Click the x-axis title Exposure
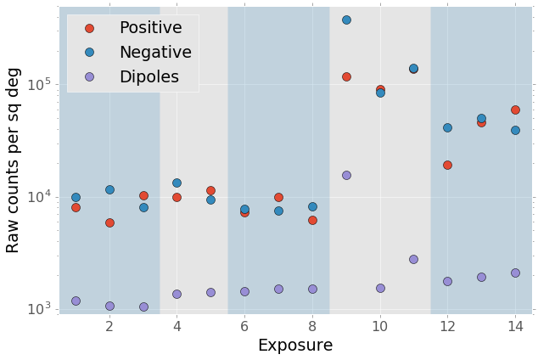click(x=295, y=346)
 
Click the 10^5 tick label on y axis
click(x=42, y=85)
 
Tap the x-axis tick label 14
click(x=515, y=327)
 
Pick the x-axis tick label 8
click(x=312, y=327)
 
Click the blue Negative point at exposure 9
click(x=346, y=20)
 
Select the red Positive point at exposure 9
click(x=346, y=76)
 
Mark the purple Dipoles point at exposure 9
click(x=346, y=175)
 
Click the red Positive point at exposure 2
click(x=109, y=222)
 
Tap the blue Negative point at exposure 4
click(x=177, y=183)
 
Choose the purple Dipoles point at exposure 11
click(x=413, y=259)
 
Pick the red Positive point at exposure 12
click(x=447, y=165)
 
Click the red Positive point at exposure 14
click(x=515, y=110)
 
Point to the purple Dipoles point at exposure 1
click(x=76, y=301)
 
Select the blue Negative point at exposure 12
click(x=447, y=127)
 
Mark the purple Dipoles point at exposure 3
click(x=143, y=307)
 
